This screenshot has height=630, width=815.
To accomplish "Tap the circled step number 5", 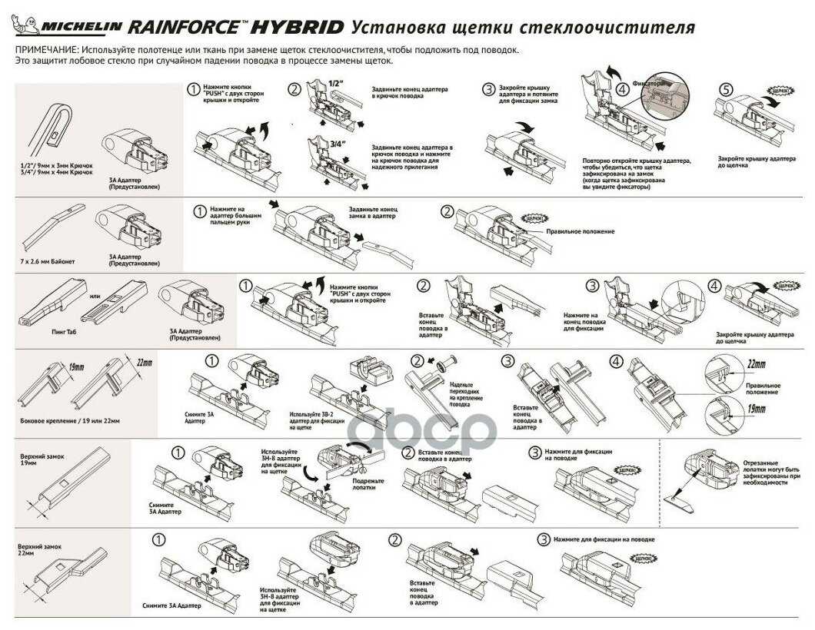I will [x=724, y=90].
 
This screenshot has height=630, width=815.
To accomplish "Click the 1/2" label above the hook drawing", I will [x=335, y=83].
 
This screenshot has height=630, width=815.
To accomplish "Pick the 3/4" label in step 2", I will [x=336, y=142].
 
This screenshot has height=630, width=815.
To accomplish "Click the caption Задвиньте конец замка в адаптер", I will [x=373, y=214].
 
